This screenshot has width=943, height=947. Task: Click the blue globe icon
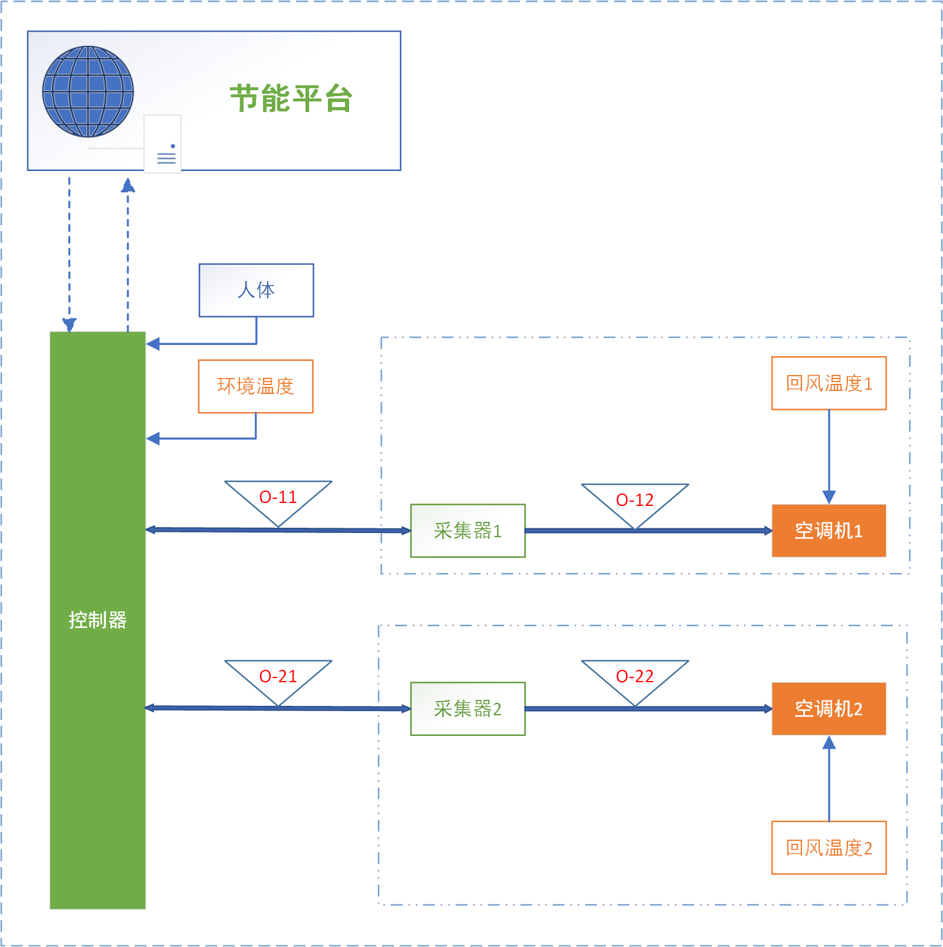click(88, 91)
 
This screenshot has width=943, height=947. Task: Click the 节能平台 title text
click(291, 98)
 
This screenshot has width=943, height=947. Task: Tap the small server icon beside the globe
click(163, 144)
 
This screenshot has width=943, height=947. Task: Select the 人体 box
click(256, 290)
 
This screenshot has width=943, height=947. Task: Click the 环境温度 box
click(255, 386)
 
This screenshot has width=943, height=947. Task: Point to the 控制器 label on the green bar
click(97, 620)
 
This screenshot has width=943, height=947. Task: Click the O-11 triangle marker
click(278, 499)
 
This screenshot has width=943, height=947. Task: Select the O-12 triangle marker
click(635, 501)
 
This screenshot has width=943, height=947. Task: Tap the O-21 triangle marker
click(278, 678)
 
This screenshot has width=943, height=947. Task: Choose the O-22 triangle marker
click(635, 678)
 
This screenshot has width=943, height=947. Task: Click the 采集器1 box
click(468, 531)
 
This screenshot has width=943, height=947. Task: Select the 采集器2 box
click(468, 709)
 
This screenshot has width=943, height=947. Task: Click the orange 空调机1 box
click(829, 531)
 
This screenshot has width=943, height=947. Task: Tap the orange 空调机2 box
click(829, 709)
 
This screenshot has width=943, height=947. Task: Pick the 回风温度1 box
click(829, 383)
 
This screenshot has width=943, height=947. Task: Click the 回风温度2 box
click(829, 848)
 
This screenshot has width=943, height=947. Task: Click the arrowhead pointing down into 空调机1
click(829, 497)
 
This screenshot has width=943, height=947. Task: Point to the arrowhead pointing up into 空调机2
click(829, 743)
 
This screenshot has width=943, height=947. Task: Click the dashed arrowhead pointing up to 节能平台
click(128, 186)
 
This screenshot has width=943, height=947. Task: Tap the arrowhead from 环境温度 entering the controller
click(153, 439)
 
